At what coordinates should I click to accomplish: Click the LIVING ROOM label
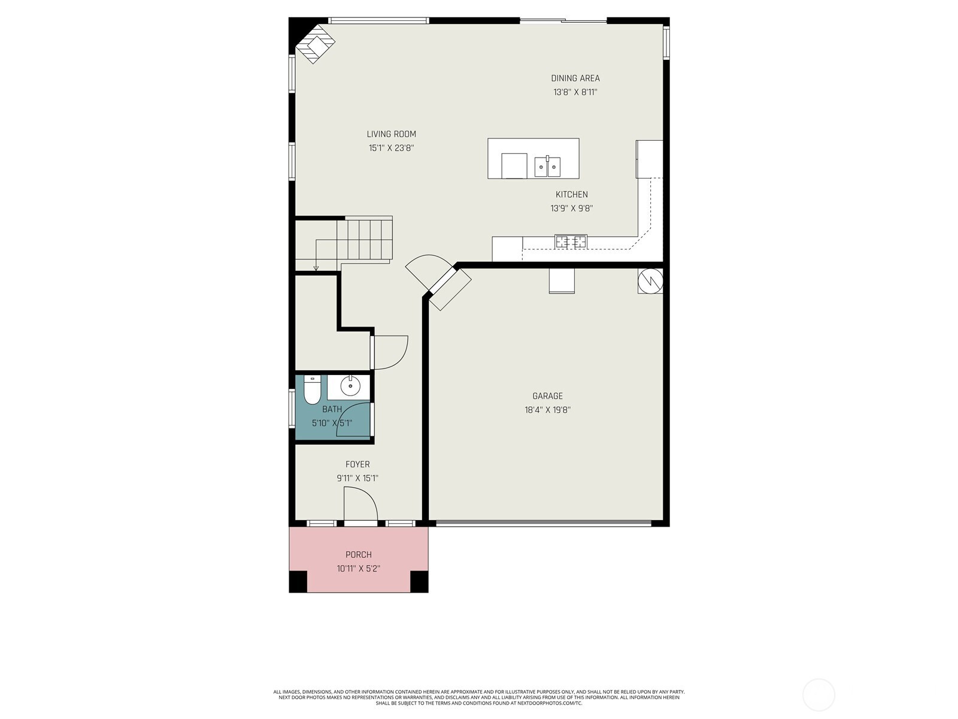[x=391, y=134]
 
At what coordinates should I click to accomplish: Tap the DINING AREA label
[x=575, y=78]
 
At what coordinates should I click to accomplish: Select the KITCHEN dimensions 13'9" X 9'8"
[x=571, y=209]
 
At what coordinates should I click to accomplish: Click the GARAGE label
[x=547, y=396]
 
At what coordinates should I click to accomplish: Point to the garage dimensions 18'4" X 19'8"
[x=547, y=410]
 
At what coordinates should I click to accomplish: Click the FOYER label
[x=357, y=464]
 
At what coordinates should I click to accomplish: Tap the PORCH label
[x=358, y=554]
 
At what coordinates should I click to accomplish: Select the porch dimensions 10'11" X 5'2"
[x=358, y=569]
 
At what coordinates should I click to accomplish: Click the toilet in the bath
[x=311, y=390]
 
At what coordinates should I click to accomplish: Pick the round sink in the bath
[x=350, y=386]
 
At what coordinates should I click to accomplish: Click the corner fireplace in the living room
[x=316, y=44]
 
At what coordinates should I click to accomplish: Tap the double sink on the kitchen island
[x=547, y=167]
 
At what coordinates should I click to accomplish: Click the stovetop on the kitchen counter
[x=571, y=241]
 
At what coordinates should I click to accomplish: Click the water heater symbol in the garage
[x=650, y=280]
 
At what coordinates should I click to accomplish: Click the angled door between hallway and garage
[x=450, y=289]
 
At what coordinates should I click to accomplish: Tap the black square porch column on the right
[x=419, y=581]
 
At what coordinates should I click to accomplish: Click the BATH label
[x=332, y=409]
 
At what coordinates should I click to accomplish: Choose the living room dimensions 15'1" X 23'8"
[x=391, y=148]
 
